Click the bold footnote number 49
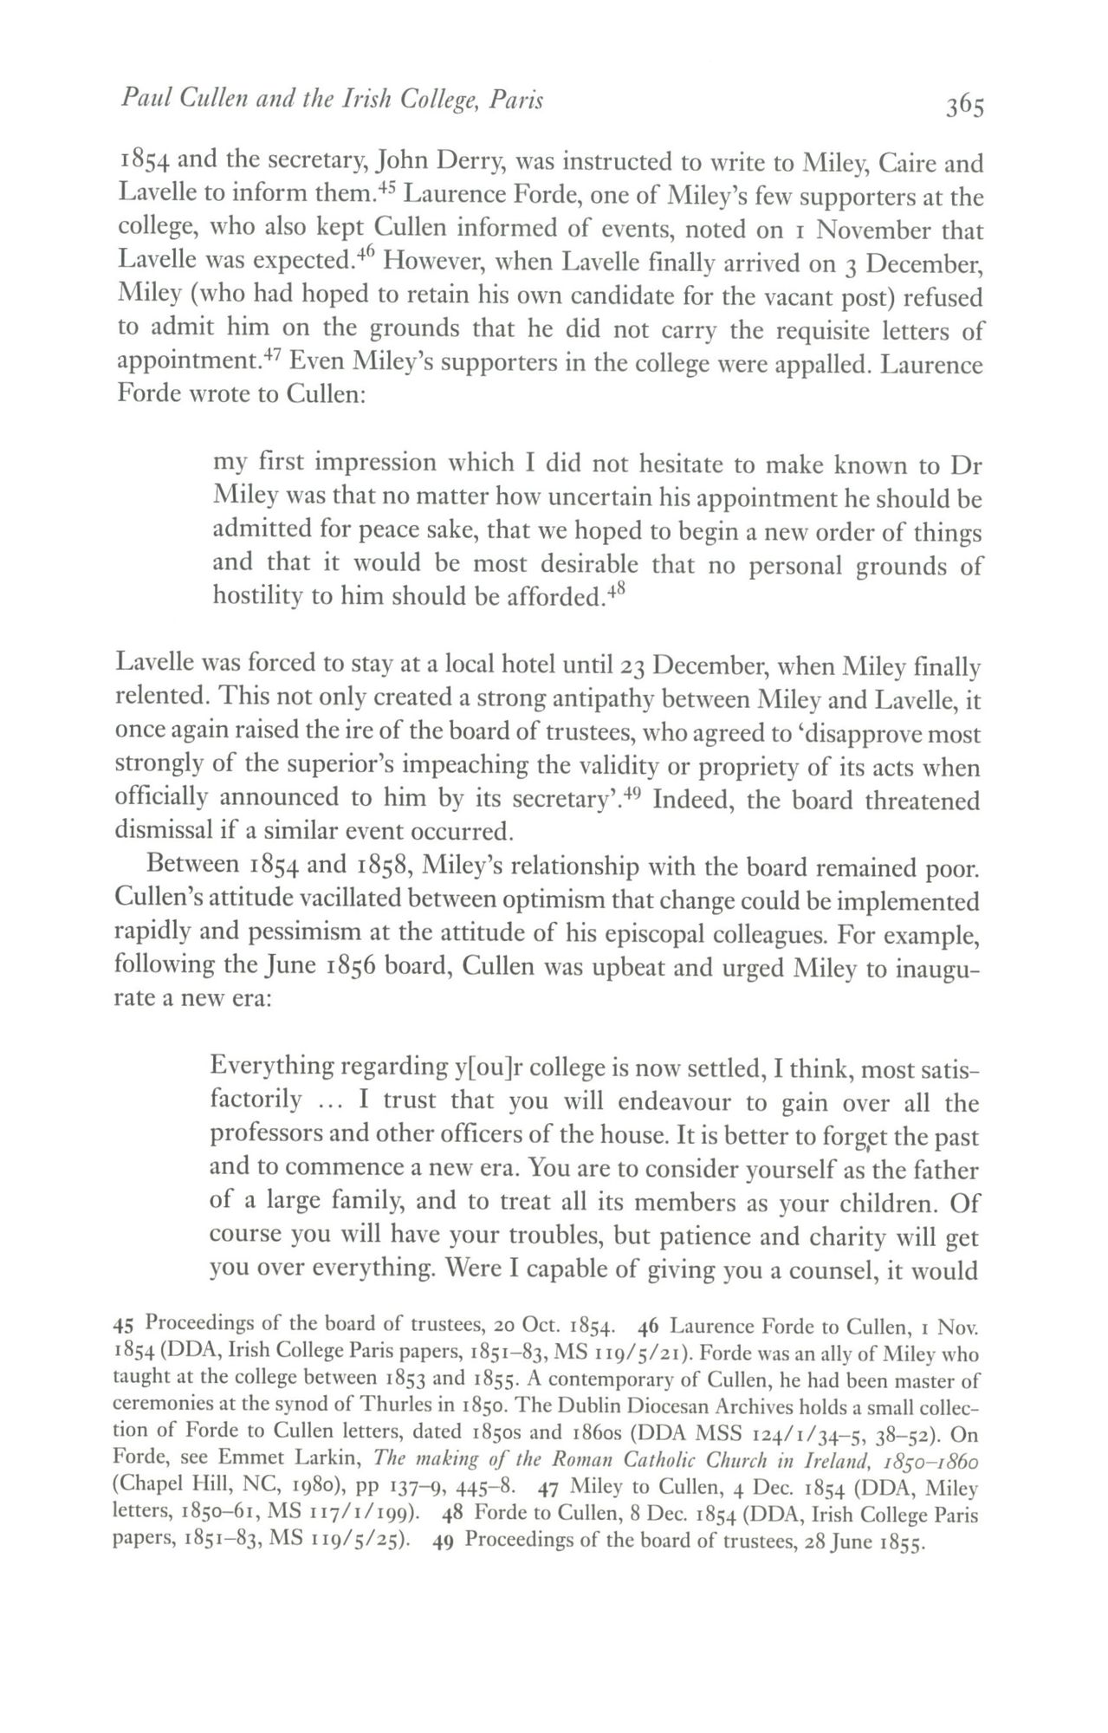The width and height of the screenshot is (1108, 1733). [443, 1542]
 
